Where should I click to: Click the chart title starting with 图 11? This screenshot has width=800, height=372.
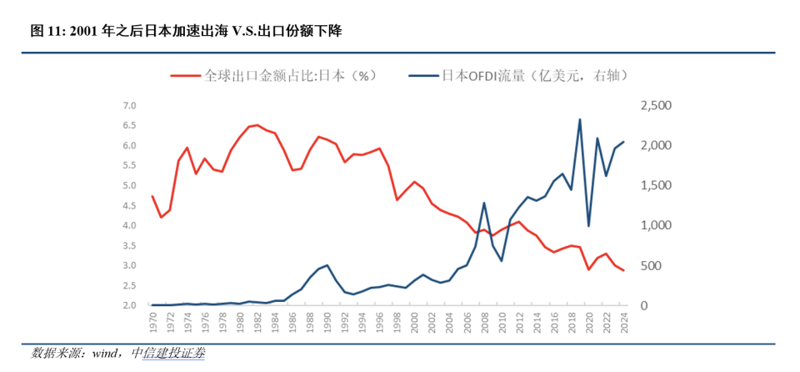tap(186, 31)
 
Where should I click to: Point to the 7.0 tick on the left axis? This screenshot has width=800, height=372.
tap(129, 106)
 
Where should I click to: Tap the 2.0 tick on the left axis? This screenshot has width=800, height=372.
tap(129, 305)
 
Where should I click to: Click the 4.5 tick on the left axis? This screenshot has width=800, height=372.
tap(129, 205)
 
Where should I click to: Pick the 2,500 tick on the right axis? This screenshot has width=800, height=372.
tap(655, 106)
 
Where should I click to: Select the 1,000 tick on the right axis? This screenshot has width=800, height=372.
tap(655, 225)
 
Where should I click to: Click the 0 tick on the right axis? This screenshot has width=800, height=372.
tap(643, 305)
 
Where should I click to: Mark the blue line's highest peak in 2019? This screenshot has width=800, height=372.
tap(579, 119)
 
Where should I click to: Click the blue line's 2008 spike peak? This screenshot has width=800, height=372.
tap(484, 203)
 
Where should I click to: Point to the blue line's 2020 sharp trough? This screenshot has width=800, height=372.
tap(588, 226)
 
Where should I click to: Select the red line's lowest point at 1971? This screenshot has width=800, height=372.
tap(161, 218)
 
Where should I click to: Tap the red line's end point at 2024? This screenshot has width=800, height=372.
tap(623, 270)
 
